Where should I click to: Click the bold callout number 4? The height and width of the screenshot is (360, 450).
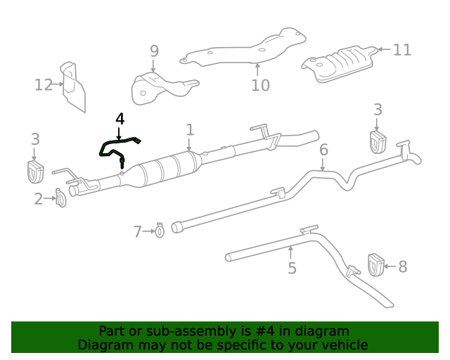[x=120, y=119]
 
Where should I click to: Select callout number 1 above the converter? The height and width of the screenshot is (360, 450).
[x=190, y=129]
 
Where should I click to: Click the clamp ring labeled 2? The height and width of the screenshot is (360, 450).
[x=60, y=200]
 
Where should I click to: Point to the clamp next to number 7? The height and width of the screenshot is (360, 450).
[x=160, y=230]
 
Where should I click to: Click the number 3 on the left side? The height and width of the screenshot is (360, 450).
[x=35, y=139]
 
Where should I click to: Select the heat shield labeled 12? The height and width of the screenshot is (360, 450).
[x=73, y=87]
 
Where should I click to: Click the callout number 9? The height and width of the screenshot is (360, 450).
[x=154, y=51]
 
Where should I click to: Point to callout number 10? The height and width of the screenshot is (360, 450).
[x=260, y=85]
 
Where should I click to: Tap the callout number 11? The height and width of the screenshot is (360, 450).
[x=401, y=50]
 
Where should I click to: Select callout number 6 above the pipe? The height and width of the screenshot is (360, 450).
[x=323, y=150]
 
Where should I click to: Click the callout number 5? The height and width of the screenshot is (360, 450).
[x=292, y=268]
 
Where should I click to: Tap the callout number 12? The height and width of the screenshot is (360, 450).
[x=44, y=85]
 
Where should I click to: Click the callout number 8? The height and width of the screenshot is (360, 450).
[x=402, y=266]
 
